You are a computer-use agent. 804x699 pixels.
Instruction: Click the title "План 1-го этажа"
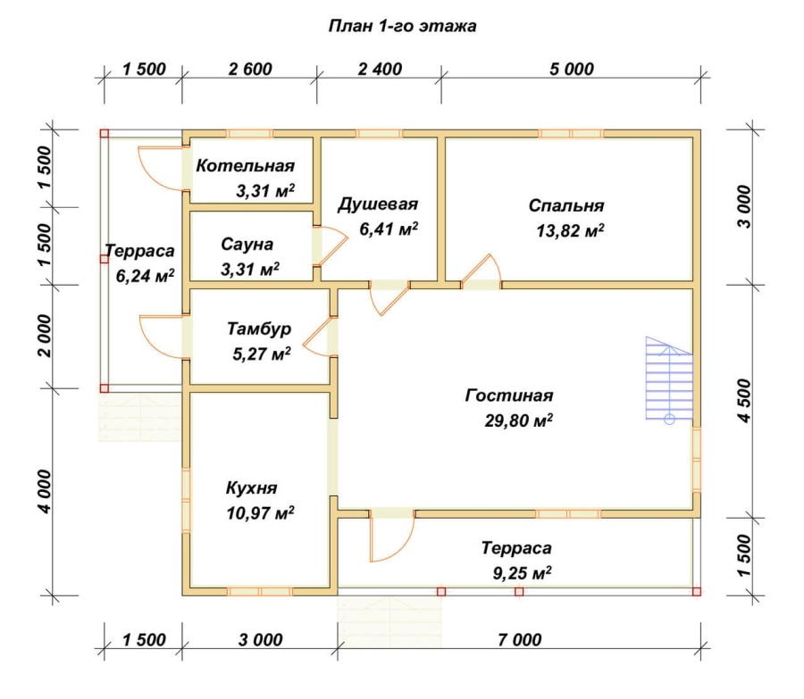[402, 26]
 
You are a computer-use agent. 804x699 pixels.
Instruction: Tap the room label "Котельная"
[245, 165]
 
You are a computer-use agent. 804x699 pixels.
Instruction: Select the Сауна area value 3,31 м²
[250, 269]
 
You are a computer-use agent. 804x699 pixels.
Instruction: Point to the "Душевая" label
[378, 204]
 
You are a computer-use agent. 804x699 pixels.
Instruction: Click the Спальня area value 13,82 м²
[570, 230]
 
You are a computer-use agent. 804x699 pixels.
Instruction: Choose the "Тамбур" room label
[259, 329]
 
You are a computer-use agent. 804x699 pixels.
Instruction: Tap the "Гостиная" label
[509, 395]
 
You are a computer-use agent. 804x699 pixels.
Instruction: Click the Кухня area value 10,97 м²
[261, 512]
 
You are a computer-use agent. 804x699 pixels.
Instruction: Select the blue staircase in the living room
[669, 380]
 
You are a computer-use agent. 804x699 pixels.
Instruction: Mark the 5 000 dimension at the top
[571, 69]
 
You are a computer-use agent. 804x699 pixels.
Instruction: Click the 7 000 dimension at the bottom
[519, 639]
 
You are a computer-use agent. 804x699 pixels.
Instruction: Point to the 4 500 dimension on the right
[744, 401]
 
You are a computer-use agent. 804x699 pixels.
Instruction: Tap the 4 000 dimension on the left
[45, 492]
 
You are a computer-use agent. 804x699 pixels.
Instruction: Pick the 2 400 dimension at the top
[380, 69]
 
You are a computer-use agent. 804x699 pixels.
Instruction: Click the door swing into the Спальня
[481, 271]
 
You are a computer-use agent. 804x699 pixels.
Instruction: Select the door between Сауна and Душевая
[331, 246]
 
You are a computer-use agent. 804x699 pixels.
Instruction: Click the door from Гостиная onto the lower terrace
[392, 536]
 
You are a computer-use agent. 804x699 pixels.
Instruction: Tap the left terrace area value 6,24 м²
[145, 276]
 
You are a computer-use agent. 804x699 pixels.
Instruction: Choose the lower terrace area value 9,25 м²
[522, 572]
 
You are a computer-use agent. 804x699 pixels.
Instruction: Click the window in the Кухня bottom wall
[259, 591]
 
